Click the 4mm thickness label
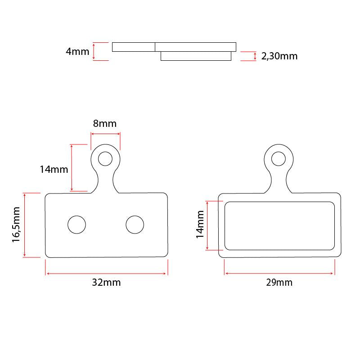click(x=77, y=51)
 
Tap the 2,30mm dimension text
click(x=279, y=56)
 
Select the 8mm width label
click(x=105, y=123)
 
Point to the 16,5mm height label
click(x=16, y=225)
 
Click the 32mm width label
click(x=106, y=283)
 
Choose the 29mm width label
click(x=279, y=283)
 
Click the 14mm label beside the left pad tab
click(x=54, y=170)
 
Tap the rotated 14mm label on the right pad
click(x=200, y=224)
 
